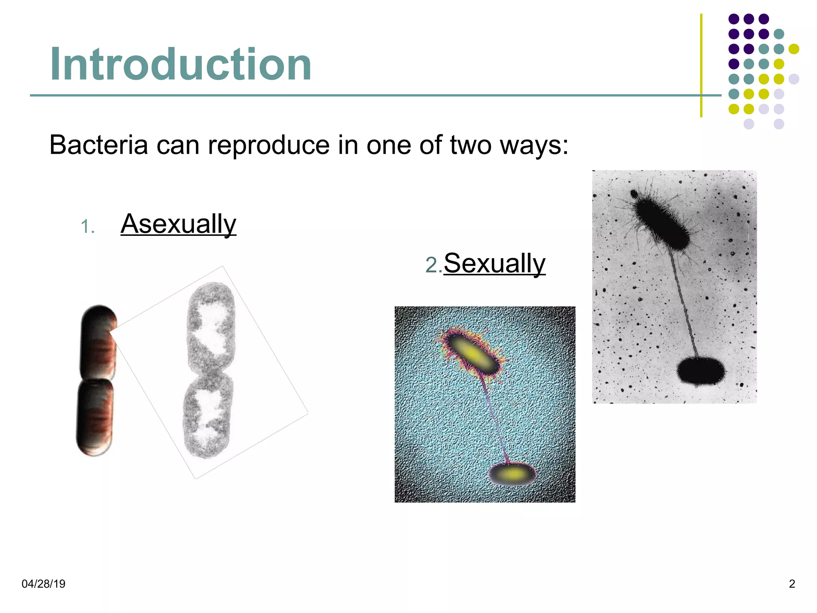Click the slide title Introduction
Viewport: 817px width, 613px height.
[180, 64]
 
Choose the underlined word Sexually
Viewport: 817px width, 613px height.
[494, 263]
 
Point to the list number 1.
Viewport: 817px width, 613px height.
[87, 227]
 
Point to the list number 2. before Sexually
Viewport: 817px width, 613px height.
[433, 265]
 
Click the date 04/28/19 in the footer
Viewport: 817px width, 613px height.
[43, 584]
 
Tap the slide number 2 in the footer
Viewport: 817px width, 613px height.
[792, 584]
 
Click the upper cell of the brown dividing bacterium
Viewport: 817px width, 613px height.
[99, 342]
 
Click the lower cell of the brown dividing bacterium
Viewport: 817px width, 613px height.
[95, 417]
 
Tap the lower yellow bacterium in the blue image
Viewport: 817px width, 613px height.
[512, 474]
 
